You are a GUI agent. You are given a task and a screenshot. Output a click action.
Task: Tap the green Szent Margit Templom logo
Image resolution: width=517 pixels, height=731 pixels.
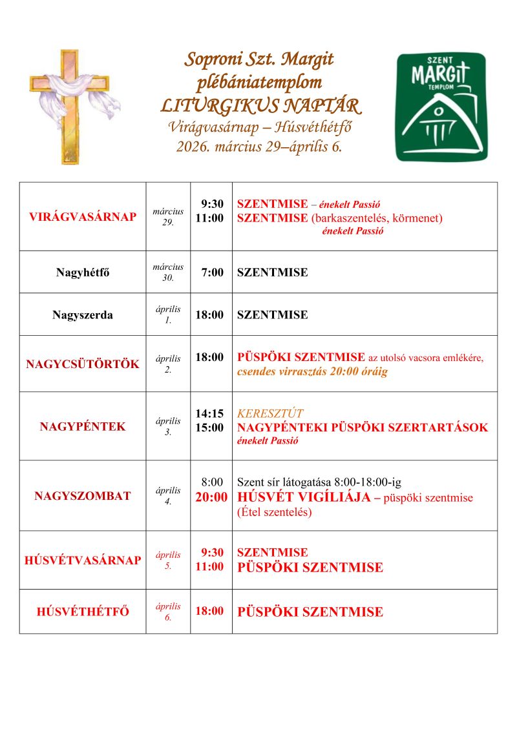pos(441,107)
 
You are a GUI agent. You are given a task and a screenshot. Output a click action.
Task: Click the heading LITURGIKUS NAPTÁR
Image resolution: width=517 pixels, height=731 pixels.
pos(260,105)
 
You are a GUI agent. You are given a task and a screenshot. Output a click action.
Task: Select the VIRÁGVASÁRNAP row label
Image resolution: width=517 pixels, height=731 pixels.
pos(83,217)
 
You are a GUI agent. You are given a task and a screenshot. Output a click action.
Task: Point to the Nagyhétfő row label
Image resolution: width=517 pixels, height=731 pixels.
pos(83,273)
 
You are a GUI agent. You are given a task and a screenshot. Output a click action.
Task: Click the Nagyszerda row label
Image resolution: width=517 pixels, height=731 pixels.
pos(83,315)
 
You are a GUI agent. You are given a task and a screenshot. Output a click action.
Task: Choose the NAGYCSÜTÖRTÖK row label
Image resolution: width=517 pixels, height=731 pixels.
pos(83,364)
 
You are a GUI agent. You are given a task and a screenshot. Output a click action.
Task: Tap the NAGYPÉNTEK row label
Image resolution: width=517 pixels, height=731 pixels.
pos(83,427)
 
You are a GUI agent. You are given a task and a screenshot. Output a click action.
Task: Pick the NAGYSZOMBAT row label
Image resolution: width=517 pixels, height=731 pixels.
pos(83,496)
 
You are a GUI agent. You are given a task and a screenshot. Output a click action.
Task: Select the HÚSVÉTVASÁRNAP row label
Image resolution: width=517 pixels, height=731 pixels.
pos(83,561)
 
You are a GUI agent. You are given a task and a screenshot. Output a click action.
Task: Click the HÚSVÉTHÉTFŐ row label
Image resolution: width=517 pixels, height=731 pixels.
pos(83,612)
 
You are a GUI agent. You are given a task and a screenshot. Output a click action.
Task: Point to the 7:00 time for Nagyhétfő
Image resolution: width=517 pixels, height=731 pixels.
pos(212,273)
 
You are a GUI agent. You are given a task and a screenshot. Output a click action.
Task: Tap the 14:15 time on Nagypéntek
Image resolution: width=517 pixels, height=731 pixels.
pos(209,413)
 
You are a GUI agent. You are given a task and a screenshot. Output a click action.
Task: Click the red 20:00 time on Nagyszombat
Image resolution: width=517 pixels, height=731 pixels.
pos(211,497)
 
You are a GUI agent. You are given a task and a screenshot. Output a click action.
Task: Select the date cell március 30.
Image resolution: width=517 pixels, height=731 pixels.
pos(168,273)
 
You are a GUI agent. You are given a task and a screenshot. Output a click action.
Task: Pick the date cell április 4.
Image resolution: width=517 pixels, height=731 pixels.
pos(168,496)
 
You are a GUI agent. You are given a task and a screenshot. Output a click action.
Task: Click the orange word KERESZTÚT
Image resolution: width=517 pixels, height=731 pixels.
pos(270,413)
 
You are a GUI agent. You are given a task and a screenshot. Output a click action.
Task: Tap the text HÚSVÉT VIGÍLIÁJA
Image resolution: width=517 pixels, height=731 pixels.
pos(304,497)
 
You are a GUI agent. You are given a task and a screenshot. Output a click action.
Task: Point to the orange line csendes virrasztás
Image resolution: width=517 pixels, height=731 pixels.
pos(312,372)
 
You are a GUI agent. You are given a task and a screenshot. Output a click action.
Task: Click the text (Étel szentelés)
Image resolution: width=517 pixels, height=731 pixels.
pos(275,513)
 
